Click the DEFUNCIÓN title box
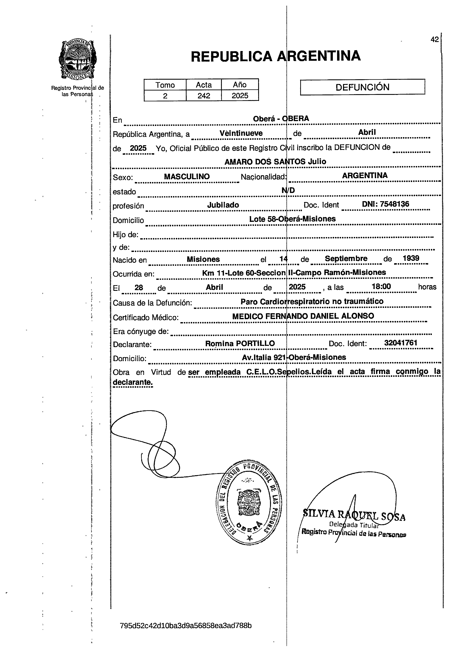(362, 87)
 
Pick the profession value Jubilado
(223, 205)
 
